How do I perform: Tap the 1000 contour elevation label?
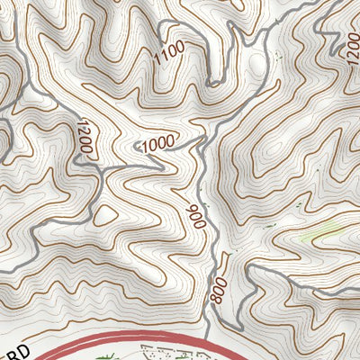[x=158, y=143]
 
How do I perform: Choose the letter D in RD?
[x=25, y=346]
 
